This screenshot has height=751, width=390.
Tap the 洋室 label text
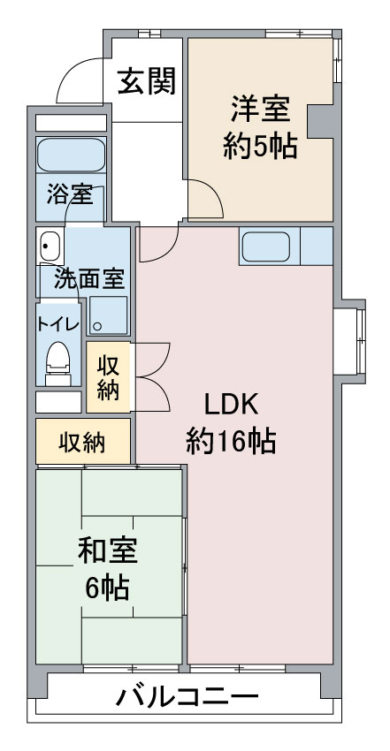point(261,110)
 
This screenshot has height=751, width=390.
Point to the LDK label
point(232,405)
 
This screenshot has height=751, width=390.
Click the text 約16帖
point(231,441)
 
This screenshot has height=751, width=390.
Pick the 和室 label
point(108,551)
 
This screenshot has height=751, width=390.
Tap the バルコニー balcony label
point(187,698)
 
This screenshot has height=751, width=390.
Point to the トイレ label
point(58,324)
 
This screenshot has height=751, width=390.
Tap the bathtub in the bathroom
point(71,155)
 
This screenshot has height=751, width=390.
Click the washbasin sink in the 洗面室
point(50,247)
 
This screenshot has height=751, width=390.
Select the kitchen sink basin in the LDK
point(266,247)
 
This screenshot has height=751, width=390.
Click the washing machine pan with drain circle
point(109,315)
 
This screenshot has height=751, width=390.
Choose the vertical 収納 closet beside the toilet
point(108,377)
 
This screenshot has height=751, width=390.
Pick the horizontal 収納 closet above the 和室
point(83,442)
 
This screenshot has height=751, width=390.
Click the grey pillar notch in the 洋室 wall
point(320,121)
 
